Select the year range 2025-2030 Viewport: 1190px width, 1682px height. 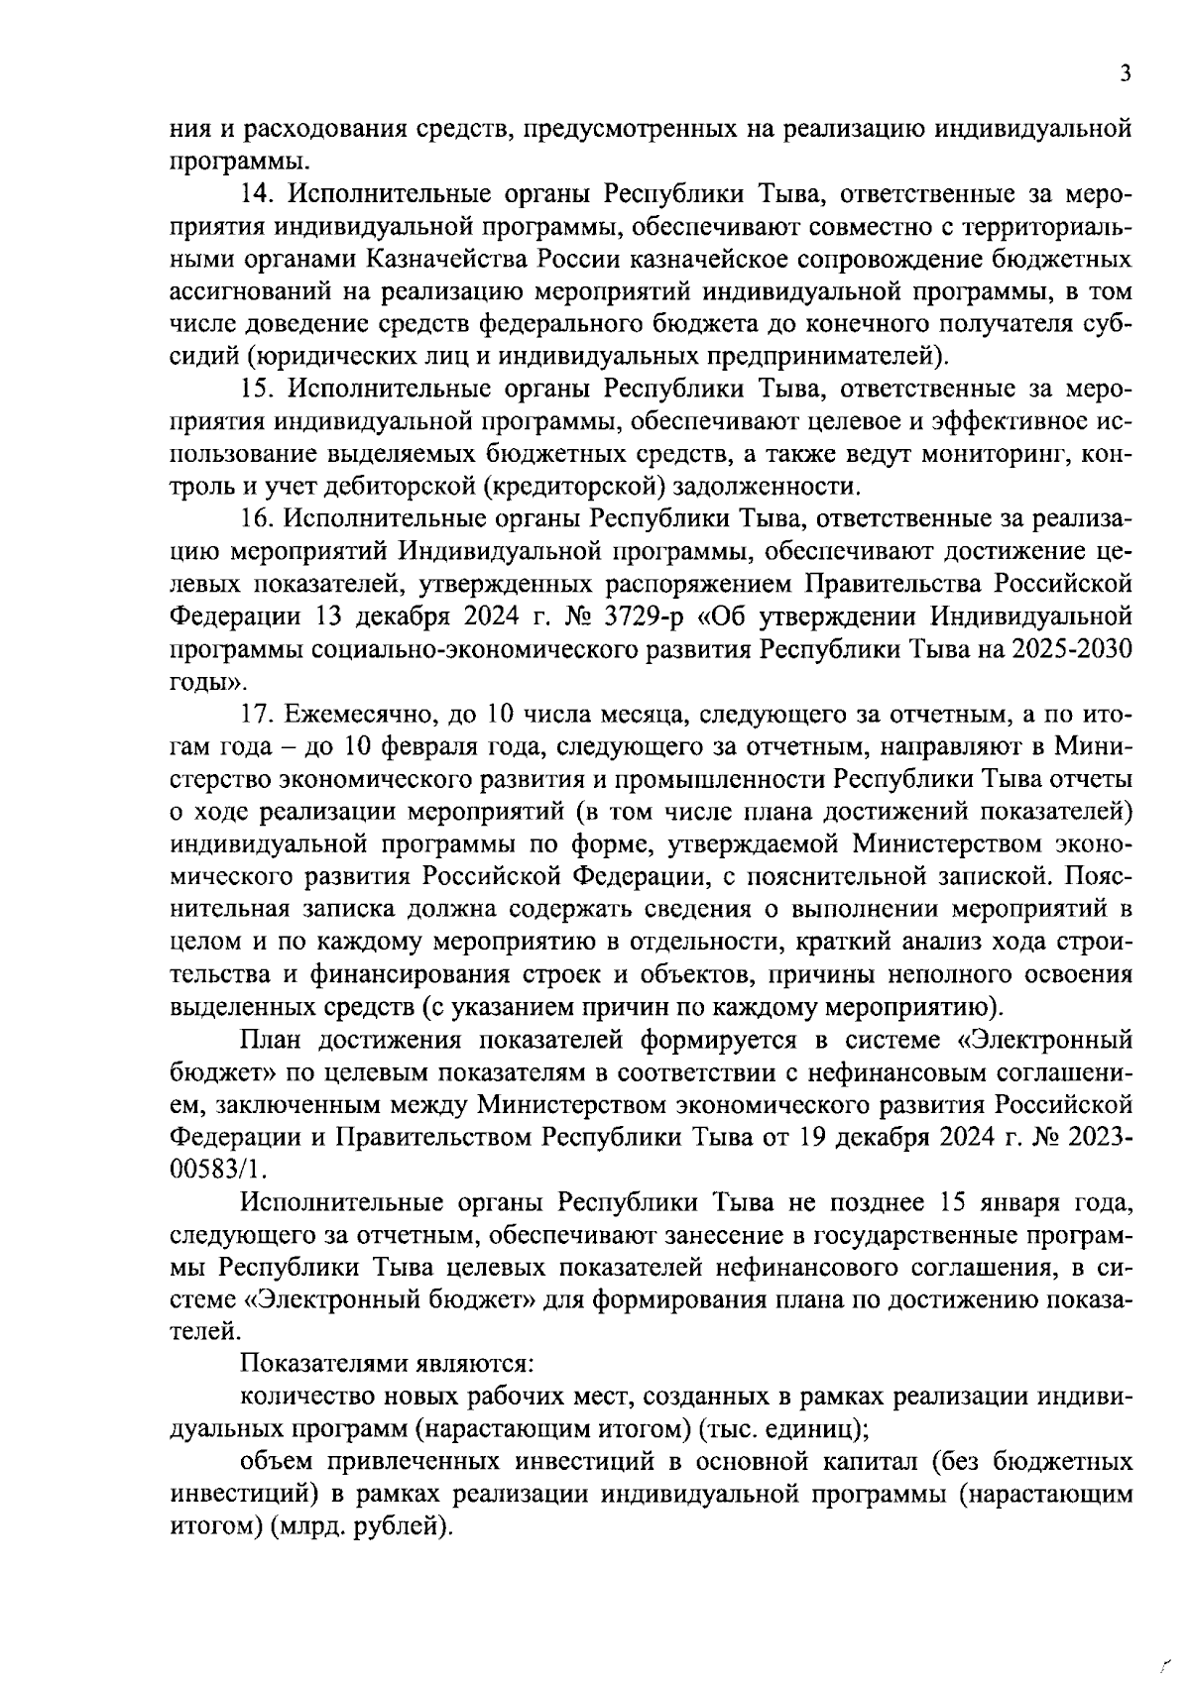pyautogui.click(x=1071, y=648)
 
